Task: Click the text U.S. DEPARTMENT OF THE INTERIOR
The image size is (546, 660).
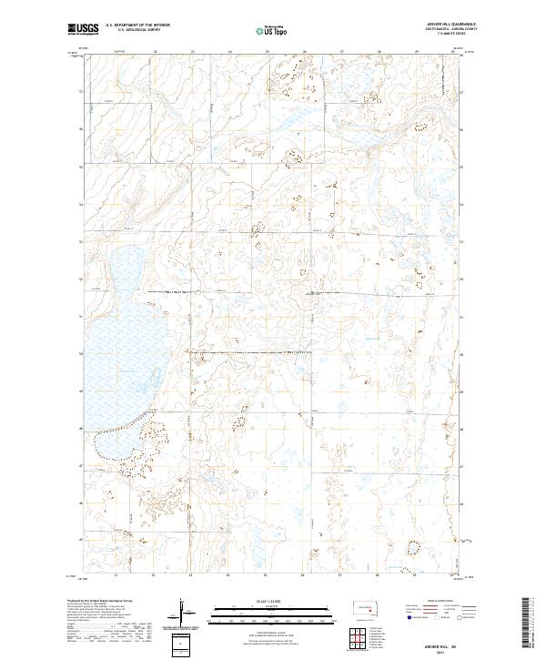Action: [x=137, y=25]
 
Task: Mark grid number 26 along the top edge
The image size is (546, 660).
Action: [x=267, y=52]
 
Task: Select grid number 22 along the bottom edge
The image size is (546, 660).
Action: [x=154, y=575]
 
